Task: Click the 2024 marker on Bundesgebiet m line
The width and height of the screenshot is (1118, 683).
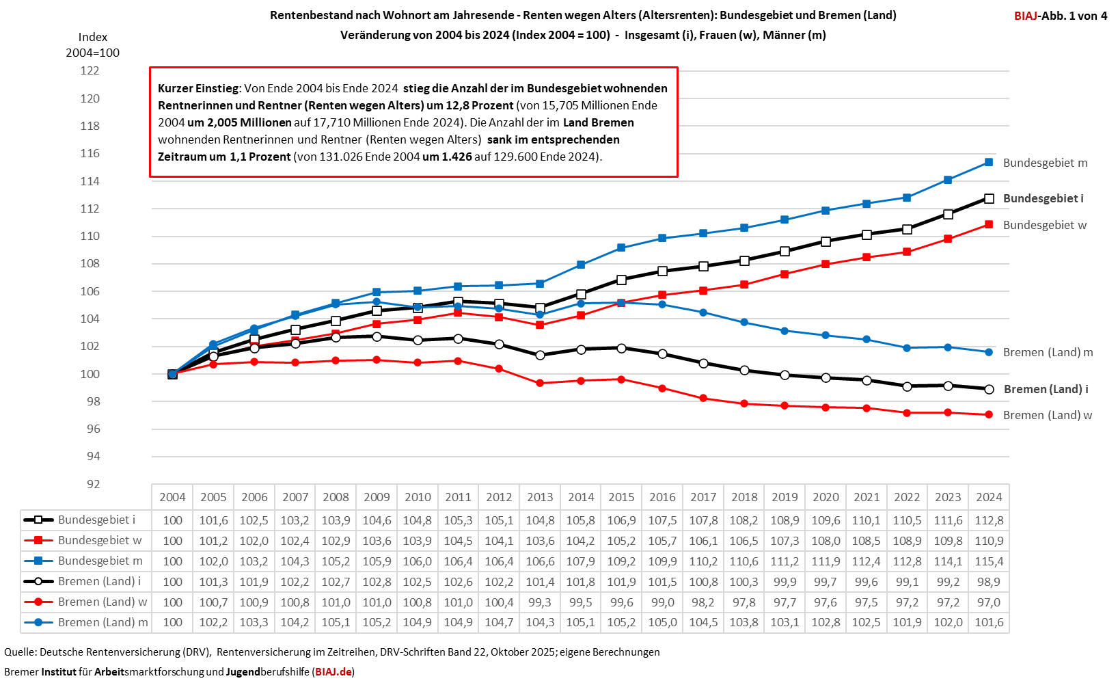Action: point(989,162)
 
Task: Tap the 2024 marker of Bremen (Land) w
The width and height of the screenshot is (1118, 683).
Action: point(989,415)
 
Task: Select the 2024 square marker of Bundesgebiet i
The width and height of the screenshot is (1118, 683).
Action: point(989,198)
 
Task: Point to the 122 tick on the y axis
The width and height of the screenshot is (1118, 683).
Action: point(90,70)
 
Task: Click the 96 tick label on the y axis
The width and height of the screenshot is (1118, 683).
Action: point(93,429)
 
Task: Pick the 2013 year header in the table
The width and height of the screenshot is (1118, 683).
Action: point(540,497)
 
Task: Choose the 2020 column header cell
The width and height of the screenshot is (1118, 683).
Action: point(826,497)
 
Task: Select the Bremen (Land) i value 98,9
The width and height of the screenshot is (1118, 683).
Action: point(989,582)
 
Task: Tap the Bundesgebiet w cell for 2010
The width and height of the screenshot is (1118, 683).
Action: point(418,541)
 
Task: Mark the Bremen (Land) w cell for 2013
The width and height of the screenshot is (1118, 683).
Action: point(540,602)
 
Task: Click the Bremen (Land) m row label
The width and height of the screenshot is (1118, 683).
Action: point(103,622)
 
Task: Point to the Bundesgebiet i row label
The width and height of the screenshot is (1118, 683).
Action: point(96,520)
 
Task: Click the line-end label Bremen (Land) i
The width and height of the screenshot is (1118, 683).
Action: point(1046,389)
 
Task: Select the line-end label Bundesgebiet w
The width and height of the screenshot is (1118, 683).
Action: point(1044,225)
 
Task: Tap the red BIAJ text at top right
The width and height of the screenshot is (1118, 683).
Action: point(1026,16)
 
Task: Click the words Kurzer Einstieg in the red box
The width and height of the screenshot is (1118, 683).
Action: point(198,88)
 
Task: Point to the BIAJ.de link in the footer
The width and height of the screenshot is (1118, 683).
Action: point(333,671)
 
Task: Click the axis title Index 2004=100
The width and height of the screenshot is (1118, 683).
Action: point(92,45)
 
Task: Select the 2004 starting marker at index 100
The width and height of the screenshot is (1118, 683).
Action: point(172,374)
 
